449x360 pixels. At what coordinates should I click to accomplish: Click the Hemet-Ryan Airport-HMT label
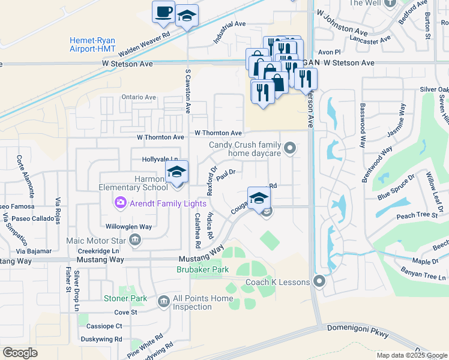92,45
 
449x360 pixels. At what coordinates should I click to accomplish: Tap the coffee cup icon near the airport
163,13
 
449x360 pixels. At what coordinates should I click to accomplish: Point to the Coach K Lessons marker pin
319,281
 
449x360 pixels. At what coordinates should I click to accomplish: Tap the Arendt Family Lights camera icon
121,203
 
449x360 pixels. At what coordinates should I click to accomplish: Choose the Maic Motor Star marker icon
134,241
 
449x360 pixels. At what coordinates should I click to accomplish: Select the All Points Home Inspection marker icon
163,301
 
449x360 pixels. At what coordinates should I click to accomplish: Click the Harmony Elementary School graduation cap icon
176,172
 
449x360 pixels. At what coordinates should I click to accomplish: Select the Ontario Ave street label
138,97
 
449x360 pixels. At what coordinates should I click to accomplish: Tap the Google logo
20,353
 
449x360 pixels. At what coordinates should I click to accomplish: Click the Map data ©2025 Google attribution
411,355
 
